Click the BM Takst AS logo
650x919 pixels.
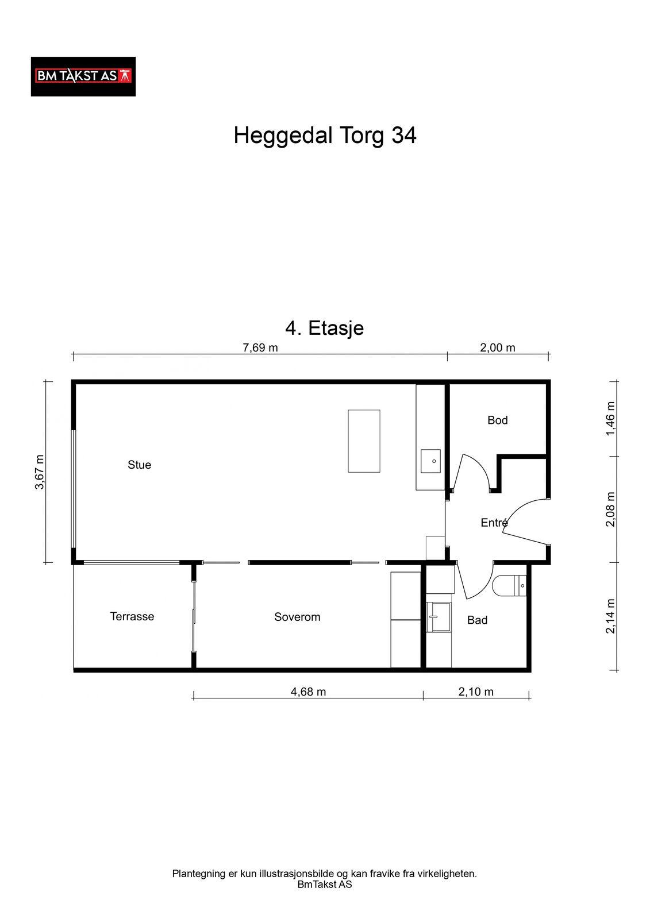pos(83,77)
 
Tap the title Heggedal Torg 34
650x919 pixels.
pos(325,136)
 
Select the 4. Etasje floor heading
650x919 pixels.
pos(324,328)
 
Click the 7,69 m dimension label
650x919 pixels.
pos(260,348)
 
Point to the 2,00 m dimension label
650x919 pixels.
pos(497,348)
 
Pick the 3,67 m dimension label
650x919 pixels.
pos(40,472)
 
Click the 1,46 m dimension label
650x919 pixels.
pos(610,419)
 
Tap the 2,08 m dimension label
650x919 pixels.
pos(610,509)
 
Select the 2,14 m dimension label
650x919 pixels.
pos(610,616)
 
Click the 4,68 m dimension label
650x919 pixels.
pos(308,692)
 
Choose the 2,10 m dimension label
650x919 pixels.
pos(475,692)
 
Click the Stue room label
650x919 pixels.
pos(139,465)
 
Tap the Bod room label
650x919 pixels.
pos(497,420)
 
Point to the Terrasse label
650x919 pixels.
pos(132,616)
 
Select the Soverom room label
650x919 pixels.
pos(297,617)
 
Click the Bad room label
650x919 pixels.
pos(476,620)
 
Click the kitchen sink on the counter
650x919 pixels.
pos(430,461)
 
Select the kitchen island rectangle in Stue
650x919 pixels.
pos(364,441)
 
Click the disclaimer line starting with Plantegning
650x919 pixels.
pos(324,874)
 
